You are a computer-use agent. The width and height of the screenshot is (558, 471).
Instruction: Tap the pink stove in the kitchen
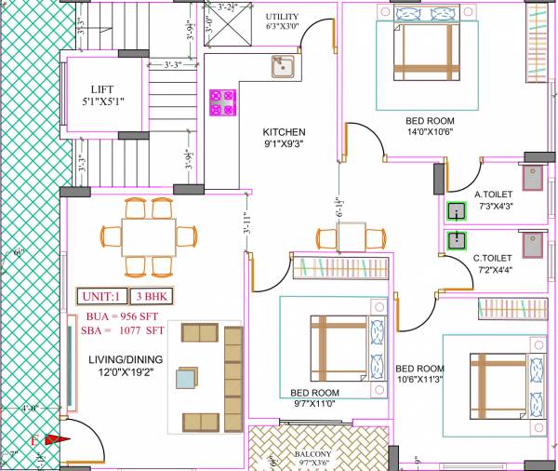tap(222, 102)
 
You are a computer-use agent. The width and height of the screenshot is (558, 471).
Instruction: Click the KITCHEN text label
tap(284, 132)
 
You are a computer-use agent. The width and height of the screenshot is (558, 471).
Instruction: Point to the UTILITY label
tap(282, 17)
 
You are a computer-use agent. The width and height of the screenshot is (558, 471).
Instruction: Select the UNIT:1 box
tap(102, 297)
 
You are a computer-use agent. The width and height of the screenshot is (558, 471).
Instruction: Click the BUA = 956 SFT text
tap(117, 317)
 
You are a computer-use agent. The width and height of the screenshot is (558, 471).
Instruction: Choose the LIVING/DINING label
tap(126, 359)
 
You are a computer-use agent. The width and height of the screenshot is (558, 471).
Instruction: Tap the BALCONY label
tap(313, 455)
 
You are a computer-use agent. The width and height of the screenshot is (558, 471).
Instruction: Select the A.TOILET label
tap(494, 195)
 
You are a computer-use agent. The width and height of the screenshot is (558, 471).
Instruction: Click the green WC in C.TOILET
tap(456, 241)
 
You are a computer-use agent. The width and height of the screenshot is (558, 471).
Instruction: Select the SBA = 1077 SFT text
tap(119, 330)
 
